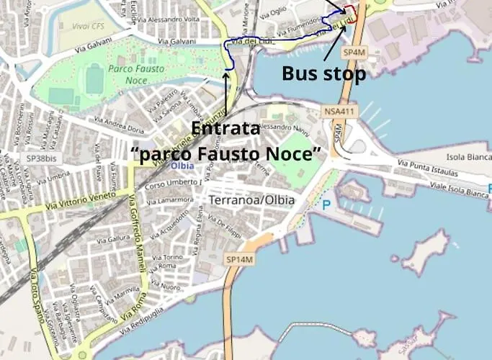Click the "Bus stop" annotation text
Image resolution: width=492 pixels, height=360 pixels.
click(323, 73)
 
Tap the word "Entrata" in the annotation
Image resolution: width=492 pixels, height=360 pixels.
click(225, 129)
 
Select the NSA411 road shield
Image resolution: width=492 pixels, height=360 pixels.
click(340, 111)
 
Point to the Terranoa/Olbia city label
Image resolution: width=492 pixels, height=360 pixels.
click(251, 200)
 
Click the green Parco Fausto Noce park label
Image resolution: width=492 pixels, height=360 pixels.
click(136, 73)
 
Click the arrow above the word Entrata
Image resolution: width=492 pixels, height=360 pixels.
click(227, 94)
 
